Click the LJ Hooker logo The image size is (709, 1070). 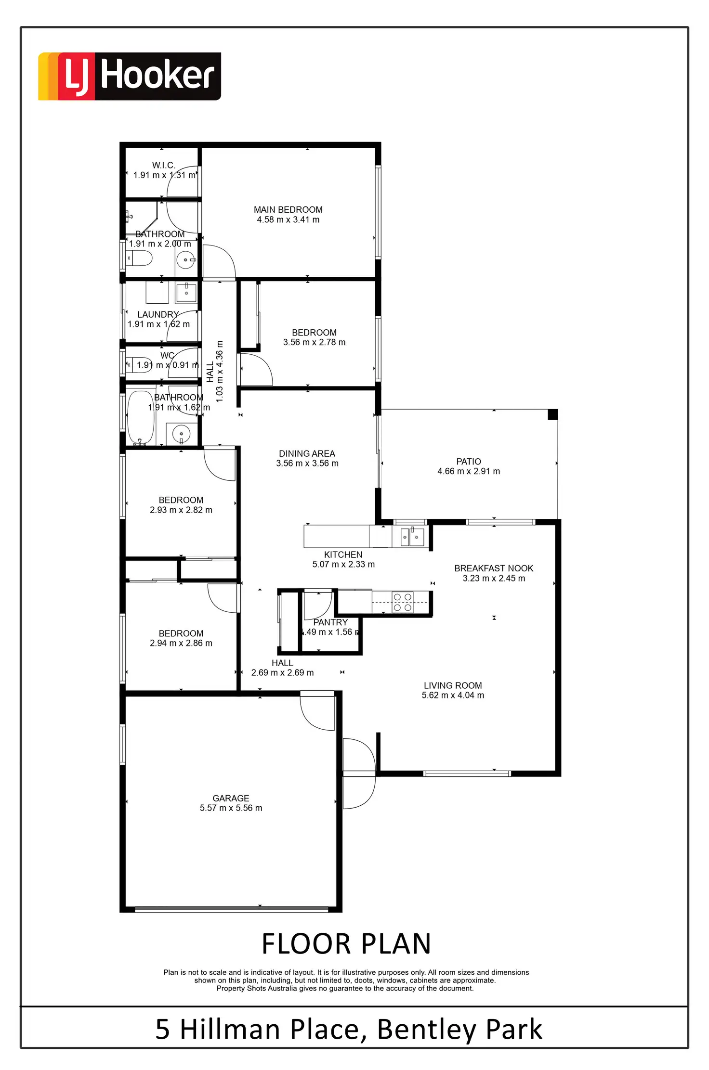tap(129, 76)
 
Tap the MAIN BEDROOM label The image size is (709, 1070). tap(288, 209)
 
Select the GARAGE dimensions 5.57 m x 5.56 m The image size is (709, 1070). tap(231, 808)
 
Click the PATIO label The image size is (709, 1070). tap(468, 461)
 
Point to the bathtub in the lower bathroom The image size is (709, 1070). tap(141, 417)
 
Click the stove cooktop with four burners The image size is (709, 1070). tap(402, 602)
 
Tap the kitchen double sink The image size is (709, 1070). tap(412, 537)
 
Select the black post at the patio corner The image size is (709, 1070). tap(553, 414)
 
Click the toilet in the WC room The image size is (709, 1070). tap(135, 364)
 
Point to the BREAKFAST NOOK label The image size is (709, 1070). tap(494, 568)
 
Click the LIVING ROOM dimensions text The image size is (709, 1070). tap(453, 696)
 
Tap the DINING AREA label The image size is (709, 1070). tap(307, 453)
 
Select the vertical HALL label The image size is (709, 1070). tap(210, 372)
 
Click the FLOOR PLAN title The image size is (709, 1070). tap(346, 944)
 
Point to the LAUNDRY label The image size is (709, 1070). tap(158, 314)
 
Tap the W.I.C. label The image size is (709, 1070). tap(164, 165)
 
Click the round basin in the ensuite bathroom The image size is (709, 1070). tap(185, 260)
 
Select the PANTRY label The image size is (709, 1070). tap(330, 622)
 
